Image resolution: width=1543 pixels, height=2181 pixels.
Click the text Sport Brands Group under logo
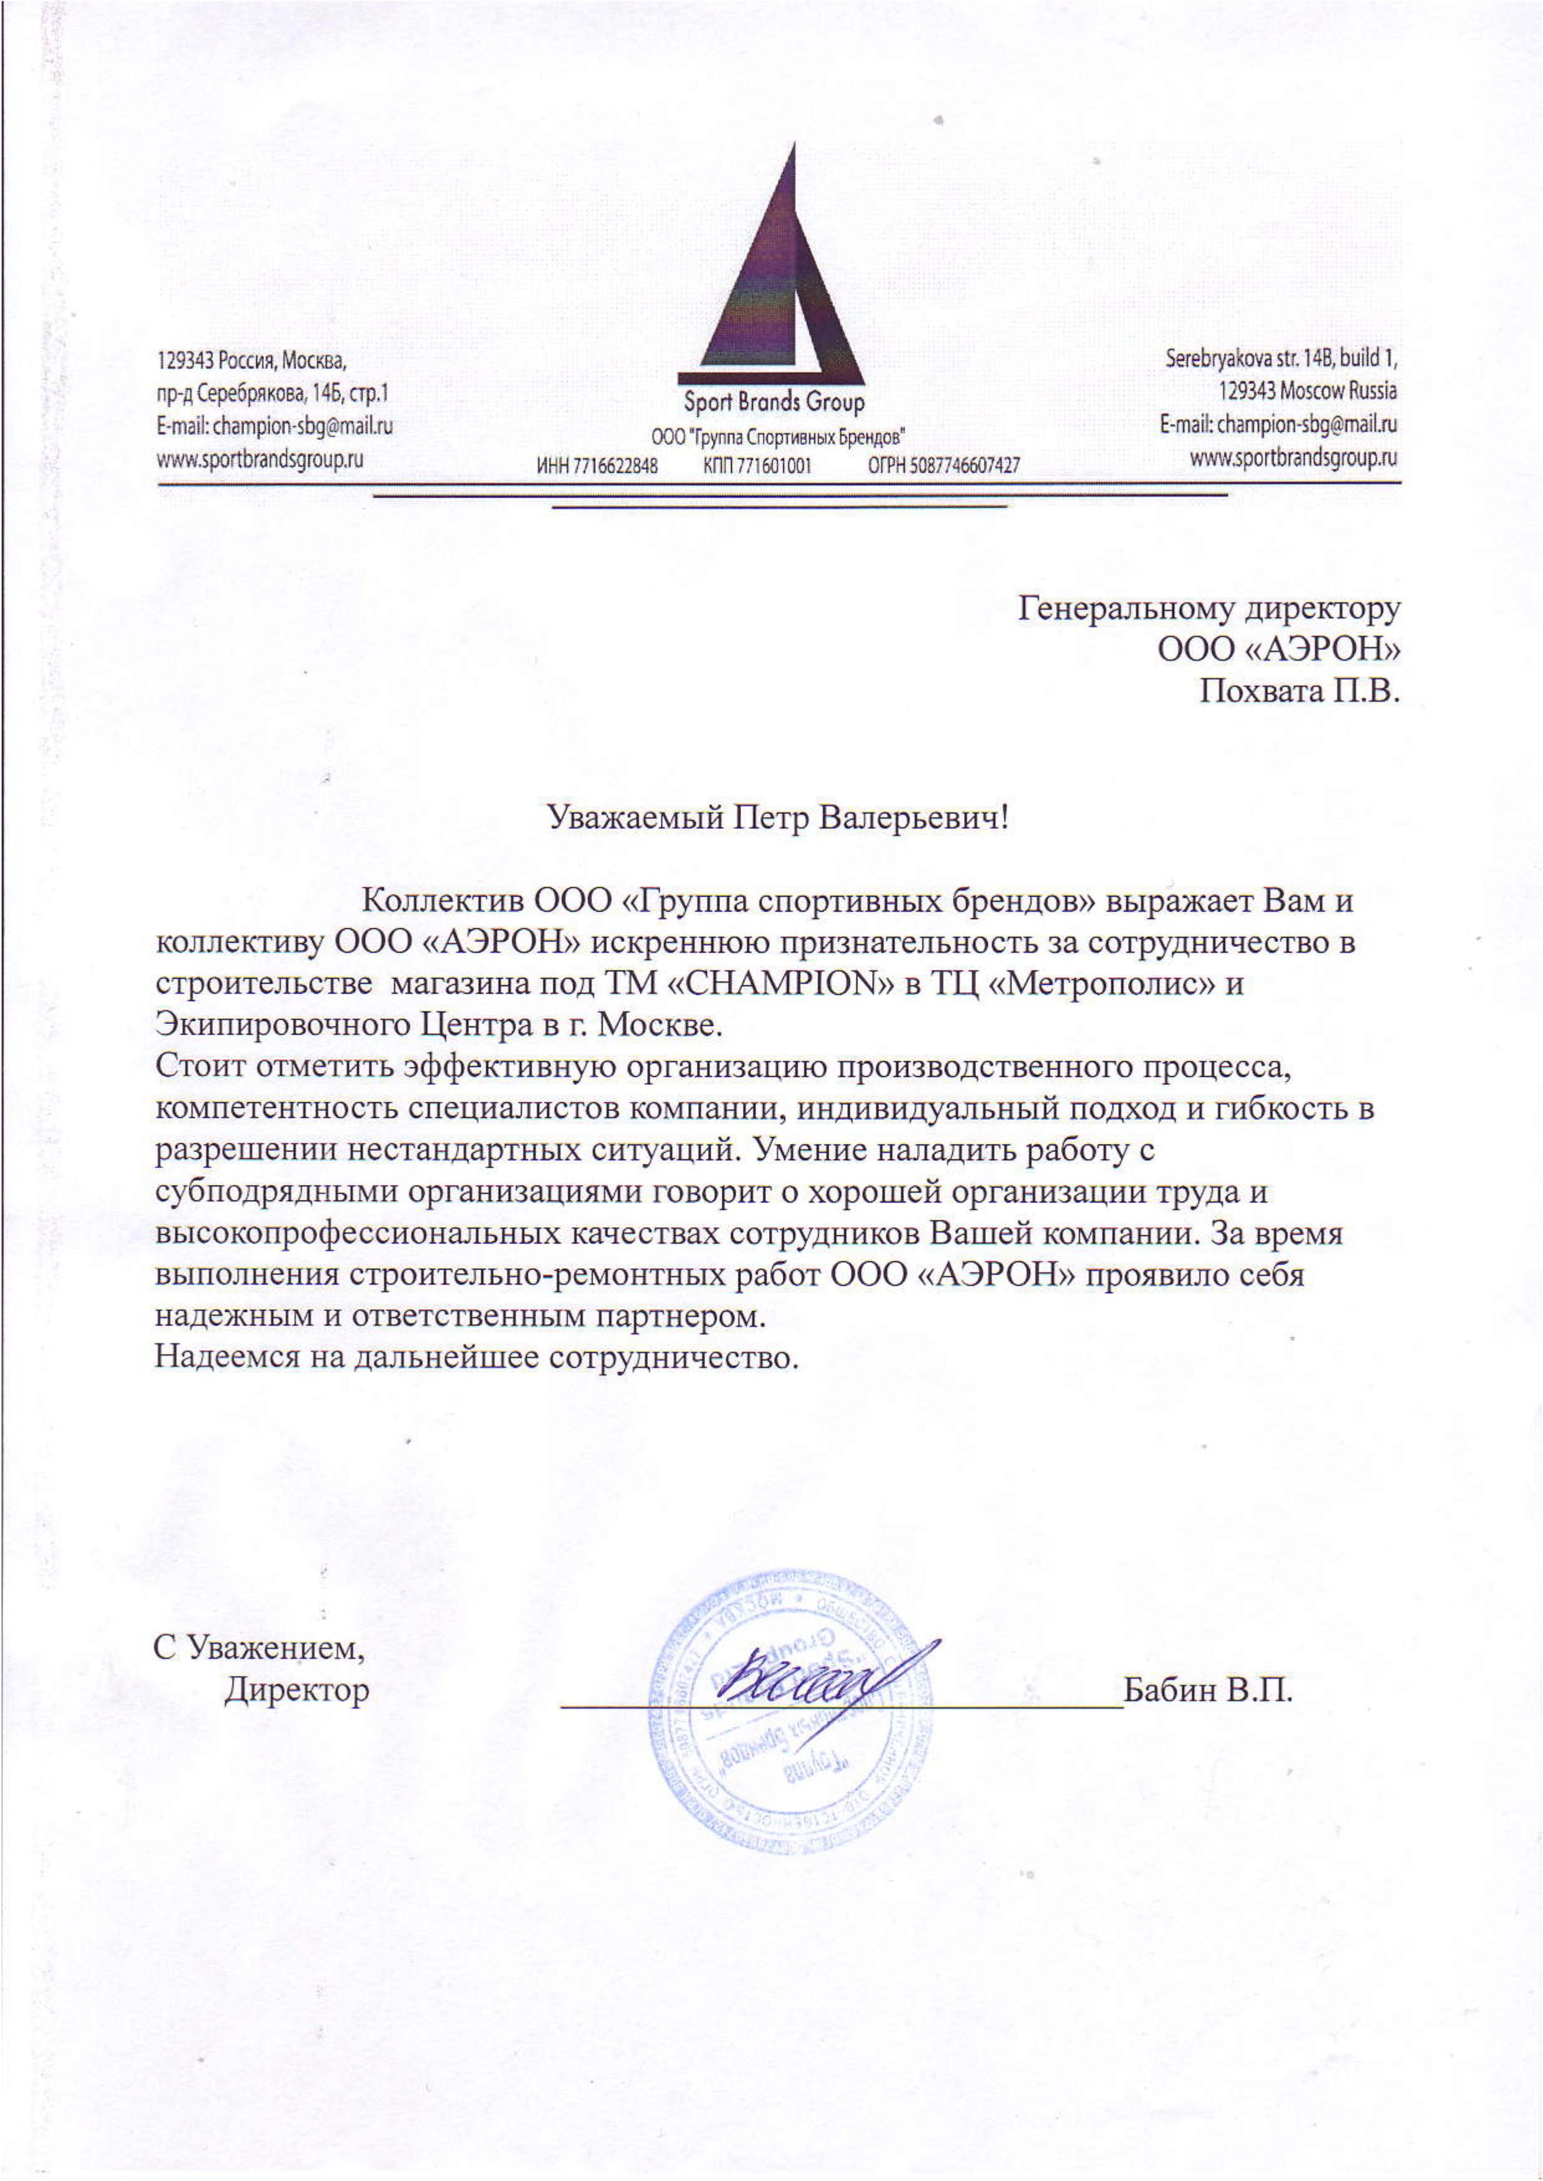(775, 403)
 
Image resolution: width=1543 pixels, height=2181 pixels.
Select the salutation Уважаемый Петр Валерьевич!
(776, 816)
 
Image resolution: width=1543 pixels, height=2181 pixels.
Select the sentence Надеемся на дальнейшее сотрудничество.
(473, 1357)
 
